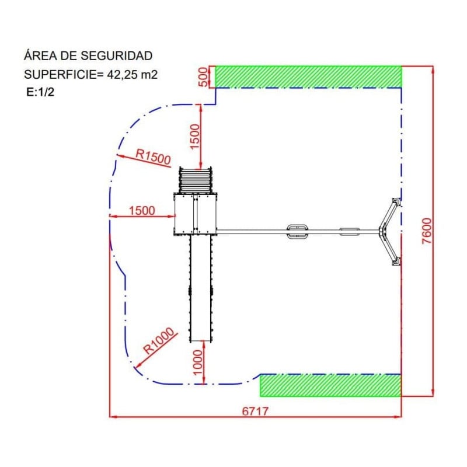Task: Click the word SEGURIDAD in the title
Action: click(x=116, y=55)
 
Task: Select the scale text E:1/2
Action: click(x=40, y=92)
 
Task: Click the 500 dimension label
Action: click(x=203, y=77)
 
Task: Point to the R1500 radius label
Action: click(x=153, y=156)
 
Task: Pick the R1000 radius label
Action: click(x=158, y=340)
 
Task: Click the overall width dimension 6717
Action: click(x=255, y=412)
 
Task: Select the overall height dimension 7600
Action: click(x=427, y=231)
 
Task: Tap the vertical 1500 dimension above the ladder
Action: click(x=194, y=137)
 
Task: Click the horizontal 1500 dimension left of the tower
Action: click(x=142, y=211)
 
